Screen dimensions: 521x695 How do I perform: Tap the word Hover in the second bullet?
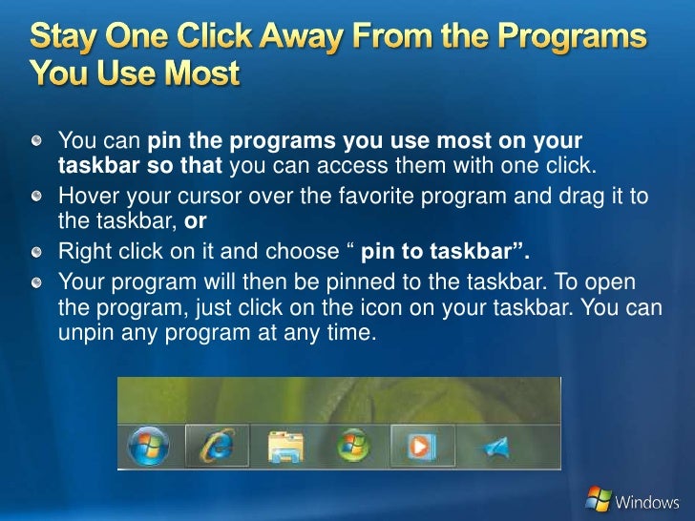(87, 196)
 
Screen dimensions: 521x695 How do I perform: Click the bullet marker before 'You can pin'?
(36, 141)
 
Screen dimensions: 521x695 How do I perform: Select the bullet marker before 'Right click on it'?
(36, 252)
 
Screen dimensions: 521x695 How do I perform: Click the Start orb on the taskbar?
(148, 446)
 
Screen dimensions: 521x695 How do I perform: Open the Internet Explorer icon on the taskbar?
(218, 446)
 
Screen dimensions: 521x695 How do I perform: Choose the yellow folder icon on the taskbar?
(285, 446)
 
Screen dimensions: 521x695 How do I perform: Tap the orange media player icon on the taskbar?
(422, 446)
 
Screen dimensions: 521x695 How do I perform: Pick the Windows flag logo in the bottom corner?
(598, 498)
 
